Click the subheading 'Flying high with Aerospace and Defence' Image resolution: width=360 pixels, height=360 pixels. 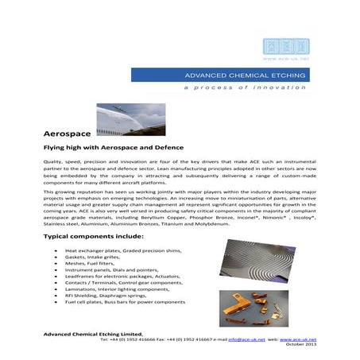coord(114,148)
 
